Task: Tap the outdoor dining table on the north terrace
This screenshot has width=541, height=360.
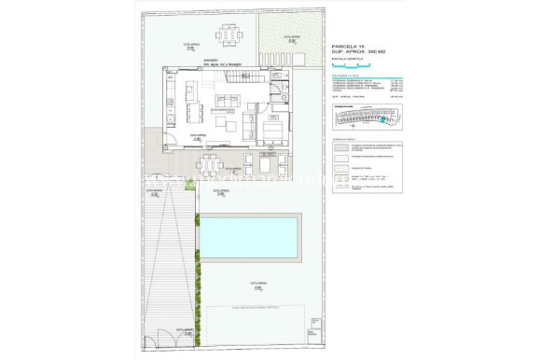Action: tap(229, 36)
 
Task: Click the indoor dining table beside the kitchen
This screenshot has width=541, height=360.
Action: tap(195, 115)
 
